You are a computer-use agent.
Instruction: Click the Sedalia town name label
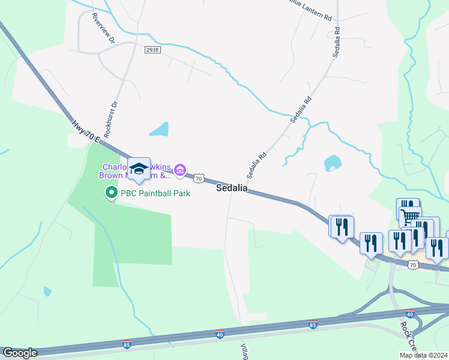point(232,188)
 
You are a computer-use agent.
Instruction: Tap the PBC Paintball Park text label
point(155,193)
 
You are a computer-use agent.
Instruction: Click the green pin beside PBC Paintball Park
point(111,193)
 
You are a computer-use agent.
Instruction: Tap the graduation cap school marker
point(139,169)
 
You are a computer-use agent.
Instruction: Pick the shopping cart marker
point(410,215)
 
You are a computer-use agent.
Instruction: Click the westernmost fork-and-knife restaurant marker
point(341,227)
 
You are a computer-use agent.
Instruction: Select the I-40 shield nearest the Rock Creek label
point(410,313)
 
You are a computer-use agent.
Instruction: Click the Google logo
point(20,353)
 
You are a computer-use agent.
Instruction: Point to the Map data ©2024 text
point(423,355)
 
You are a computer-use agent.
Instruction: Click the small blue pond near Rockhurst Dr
point(159,129)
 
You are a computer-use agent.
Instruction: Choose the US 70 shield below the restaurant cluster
point(412,264)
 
